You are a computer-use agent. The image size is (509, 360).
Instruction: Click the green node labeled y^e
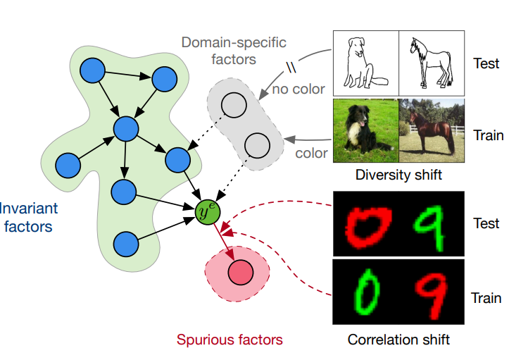(x=207, y=211)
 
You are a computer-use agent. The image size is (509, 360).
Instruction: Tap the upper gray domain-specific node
(x=233, y=106)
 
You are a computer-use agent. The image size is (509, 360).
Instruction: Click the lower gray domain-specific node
(x=257, y=146)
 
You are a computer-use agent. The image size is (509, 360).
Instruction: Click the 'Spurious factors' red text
(x=230, y=340)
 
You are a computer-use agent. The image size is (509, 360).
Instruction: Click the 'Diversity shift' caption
(x=398, y=175)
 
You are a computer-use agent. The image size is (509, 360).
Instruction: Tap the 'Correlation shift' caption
(x=398, y=340)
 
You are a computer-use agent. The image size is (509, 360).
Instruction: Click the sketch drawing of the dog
(x=365, y=63)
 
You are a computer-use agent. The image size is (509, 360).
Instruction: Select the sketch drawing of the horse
(x=432, y=63)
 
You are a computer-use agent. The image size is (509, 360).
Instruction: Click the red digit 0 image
(x=365, y=223)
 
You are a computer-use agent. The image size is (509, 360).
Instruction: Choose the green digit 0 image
(x=365, y=294)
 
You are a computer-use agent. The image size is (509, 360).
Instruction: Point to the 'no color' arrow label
(x=299, y=89)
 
